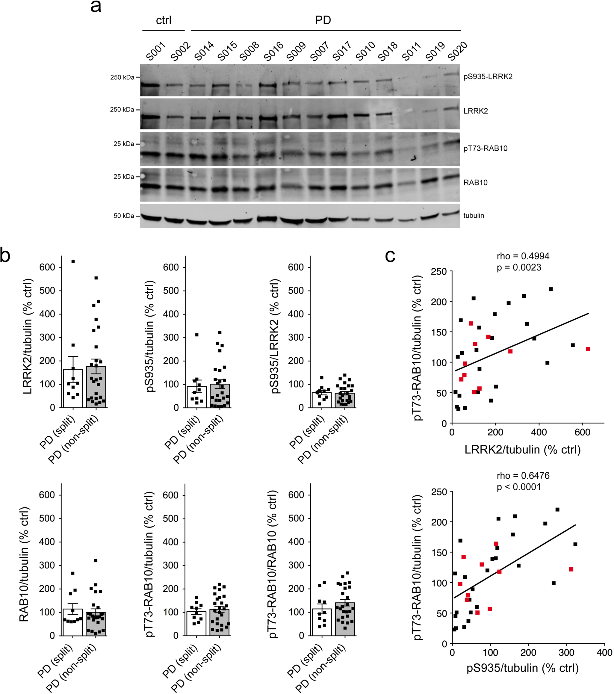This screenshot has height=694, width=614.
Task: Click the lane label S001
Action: coord(156,51)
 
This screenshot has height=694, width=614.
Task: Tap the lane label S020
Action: coord(457,51)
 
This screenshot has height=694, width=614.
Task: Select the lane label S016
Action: coord(273,51)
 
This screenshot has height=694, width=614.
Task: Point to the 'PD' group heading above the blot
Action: coord(323,20)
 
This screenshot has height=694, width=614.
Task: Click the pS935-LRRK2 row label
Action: coord(488,77)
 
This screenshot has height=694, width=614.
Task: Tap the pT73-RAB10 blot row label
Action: coord(485,148)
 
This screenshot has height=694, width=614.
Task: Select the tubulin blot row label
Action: coord(474,216)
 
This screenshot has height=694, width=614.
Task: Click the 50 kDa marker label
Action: coord(124,216)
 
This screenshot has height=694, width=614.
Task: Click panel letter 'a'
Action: coord(96,7)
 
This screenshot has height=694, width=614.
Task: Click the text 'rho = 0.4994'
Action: coord(523,256)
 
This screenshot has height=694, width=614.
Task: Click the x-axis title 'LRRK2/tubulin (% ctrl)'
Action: coord(522,450)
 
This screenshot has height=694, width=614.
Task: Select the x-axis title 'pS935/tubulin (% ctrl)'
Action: coord(522,668)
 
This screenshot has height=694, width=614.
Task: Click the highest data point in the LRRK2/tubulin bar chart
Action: coord(73,261)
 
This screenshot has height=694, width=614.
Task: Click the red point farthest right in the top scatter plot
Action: coord(588,349)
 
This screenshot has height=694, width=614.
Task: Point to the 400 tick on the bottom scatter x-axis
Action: coord(604,653)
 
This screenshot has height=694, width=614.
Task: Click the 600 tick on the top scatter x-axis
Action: coord(583,432)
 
